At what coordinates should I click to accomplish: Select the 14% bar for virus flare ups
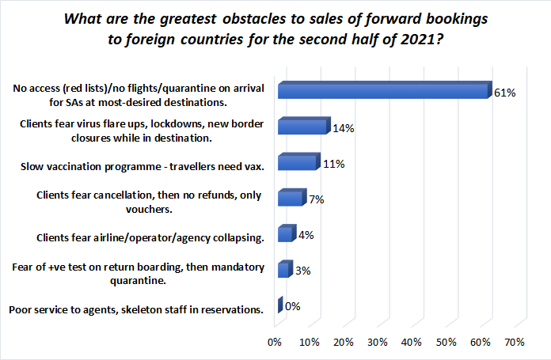[301, 127]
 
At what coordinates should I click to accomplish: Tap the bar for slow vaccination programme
[296, 163]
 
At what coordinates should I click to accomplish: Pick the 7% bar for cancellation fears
[289, 199]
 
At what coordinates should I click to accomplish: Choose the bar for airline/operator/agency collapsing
[284, 235]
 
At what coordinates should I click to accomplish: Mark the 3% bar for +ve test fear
[283, 271]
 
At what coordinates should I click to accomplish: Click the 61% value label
[505, 93]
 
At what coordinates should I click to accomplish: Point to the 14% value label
[342, 128]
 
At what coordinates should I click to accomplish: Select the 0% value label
[292, 307]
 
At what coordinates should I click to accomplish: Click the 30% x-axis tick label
[378, 342]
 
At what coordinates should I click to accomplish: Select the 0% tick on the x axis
[275, 342]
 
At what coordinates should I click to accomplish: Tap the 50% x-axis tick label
[446, 342]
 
